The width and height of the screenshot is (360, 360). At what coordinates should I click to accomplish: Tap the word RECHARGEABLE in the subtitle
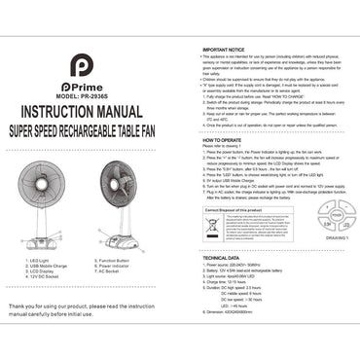[x=106, y=126]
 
